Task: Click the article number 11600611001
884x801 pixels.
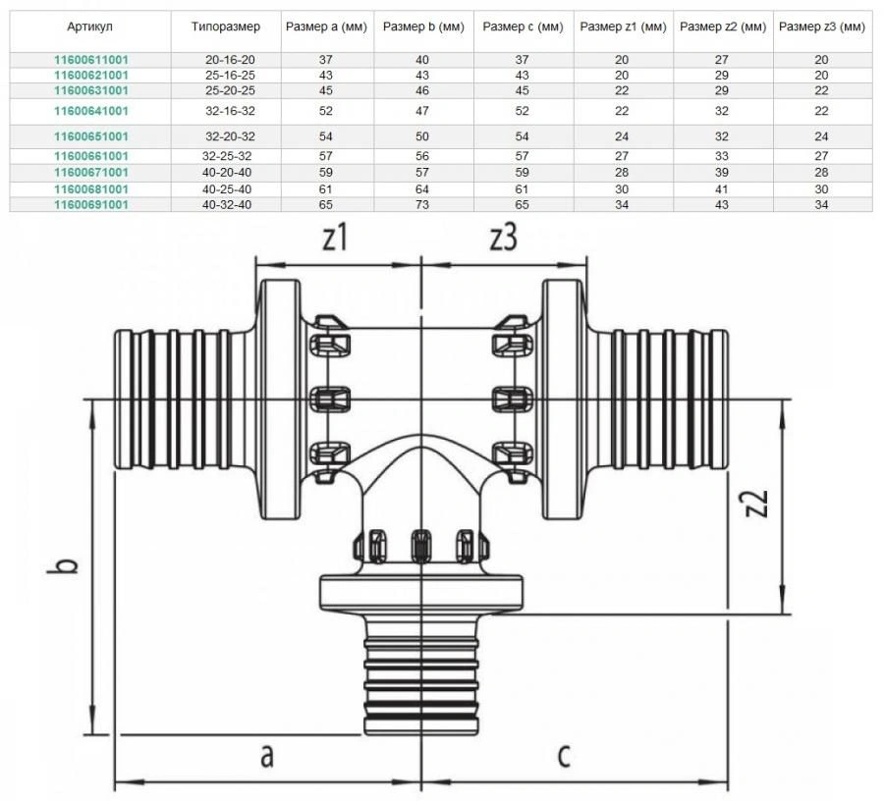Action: (x=91, y=60)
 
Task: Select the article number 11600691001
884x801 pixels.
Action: (x=91, y=204)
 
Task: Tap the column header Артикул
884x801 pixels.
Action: (x=91, y=27)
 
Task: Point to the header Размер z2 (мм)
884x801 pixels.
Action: (x=723, y=27)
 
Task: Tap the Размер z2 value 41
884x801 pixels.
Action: (x=723, y=188)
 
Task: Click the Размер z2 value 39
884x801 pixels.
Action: (x=723, y=173)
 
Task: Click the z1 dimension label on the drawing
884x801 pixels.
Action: (x=336, y=239)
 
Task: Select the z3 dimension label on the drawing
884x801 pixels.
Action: (x=502, y=239)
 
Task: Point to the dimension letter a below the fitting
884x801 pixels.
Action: (x=265, y=757)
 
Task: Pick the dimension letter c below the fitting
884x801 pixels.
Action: (x=563, y=757)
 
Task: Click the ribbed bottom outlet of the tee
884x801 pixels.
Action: (x=422, y=677)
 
